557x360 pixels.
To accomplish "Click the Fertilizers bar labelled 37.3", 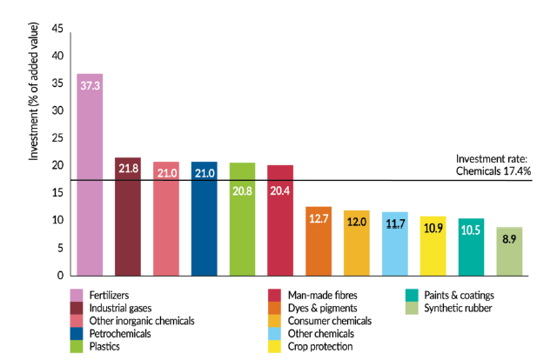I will coord(90,174).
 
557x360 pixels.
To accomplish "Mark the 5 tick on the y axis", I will coord(60,248).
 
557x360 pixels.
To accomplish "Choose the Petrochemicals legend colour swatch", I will coord(77,333).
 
